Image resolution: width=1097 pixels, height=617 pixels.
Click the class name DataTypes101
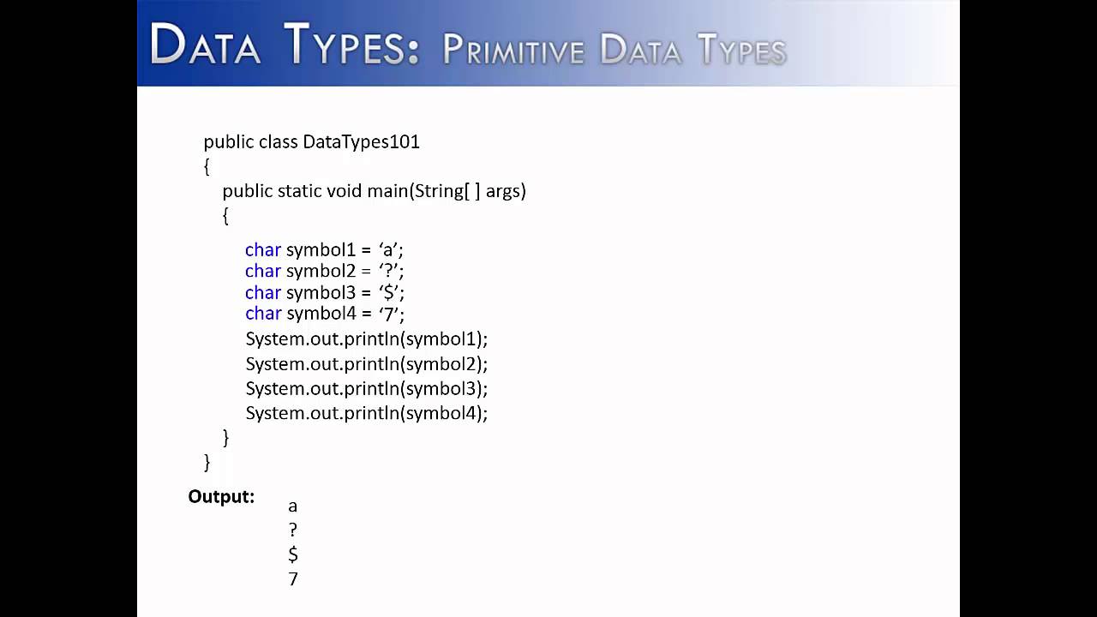361,142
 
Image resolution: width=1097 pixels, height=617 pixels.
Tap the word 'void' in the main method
345,191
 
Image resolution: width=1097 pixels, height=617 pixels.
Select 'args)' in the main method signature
506,191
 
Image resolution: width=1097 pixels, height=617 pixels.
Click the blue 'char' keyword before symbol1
263,250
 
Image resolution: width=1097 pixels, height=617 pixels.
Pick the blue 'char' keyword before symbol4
263,314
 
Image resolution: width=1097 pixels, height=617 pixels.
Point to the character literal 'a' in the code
389,250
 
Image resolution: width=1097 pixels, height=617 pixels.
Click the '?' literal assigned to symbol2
389,271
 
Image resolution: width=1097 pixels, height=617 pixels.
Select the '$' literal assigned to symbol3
389,293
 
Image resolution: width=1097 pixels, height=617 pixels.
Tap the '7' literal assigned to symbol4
389,314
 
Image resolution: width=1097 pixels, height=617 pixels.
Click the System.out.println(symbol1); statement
366,339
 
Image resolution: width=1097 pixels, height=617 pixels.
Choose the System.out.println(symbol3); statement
366,389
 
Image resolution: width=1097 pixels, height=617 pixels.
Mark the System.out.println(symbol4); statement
366,414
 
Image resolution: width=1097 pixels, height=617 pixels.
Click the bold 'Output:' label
221,497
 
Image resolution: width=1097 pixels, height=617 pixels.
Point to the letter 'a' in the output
293,506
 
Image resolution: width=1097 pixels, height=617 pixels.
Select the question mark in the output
293,530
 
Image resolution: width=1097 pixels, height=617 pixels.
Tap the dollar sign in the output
293,555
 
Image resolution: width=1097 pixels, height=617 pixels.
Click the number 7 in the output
293,579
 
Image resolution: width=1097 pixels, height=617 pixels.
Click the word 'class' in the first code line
278,142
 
